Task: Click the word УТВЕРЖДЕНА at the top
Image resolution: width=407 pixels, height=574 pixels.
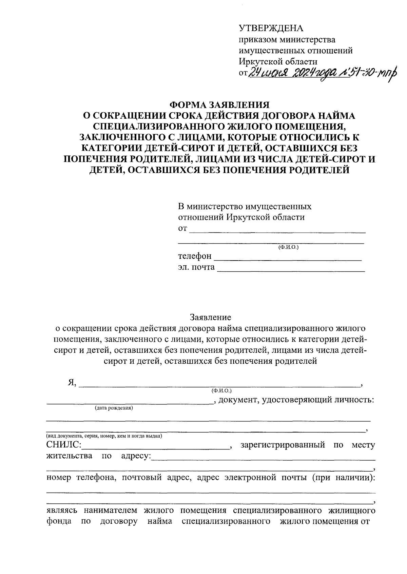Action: pyautogui.click(x=271, y=28)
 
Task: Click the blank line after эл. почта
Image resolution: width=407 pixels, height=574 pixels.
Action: pyautogui.click(x=291, y=268)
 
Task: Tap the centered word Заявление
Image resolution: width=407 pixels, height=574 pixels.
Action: pyautogui.click(x=210, y=317)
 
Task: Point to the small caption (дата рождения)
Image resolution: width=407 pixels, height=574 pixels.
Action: pyautogui.click(x=114, y=408)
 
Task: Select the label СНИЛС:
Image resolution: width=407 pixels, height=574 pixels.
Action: pyautogui.click(x=63, y=445)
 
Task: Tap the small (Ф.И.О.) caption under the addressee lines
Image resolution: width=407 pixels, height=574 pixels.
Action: pyautogui.click(x=288, y=247)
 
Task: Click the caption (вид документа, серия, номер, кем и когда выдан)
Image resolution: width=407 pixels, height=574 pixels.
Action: pyautogui.click(x=104, y=436)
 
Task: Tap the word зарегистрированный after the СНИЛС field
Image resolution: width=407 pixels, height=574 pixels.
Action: pyautogui.click(x=283, y=444)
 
